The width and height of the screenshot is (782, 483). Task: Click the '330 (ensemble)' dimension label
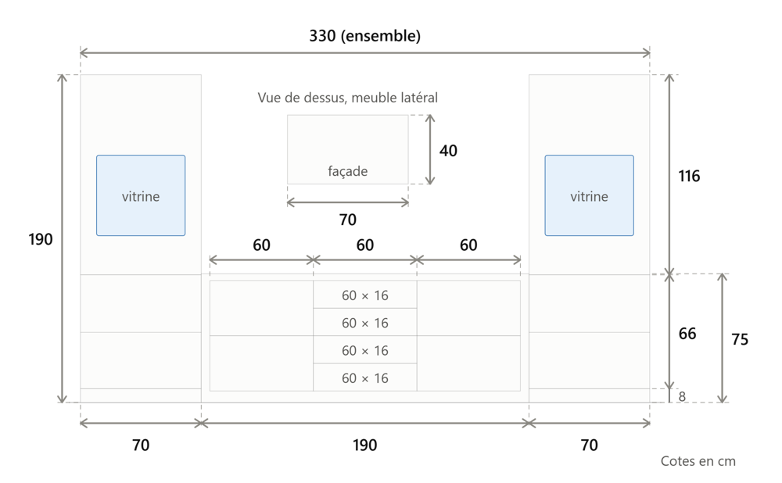(364, 36)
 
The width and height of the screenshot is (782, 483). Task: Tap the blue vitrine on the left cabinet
(141, 195)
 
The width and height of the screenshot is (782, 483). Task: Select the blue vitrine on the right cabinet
(589, 195)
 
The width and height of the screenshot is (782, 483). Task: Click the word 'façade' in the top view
(348, 171)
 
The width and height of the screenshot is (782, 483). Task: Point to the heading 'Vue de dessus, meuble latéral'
(348, 98)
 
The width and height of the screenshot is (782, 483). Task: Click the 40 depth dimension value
(448, 151)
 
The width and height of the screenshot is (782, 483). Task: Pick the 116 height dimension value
(689, 176)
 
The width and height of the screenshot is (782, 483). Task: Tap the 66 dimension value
(687, 334)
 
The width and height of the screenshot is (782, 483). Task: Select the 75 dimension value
(740, 339)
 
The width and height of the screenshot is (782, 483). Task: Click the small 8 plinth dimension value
(682, 396)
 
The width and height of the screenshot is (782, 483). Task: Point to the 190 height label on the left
(41, 239)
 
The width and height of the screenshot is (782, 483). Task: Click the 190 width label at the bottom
(364, 445)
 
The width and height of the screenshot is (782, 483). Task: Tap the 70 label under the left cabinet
(141, 445)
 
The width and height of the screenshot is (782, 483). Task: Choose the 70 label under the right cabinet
(589, 445)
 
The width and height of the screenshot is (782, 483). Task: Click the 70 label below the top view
(348, 220)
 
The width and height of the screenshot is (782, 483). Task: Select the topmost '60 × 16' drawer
(365, 295)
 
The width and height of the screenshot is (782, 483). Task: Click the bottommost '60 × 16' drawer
(365, 377)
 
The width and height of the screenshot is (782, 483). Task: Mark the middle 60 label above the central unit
(365, 245)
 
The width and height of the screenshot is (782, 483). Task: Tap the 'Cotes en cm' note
(698, 462)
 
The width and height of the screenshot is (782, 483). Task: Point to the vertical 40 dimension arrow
(430, 149)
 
